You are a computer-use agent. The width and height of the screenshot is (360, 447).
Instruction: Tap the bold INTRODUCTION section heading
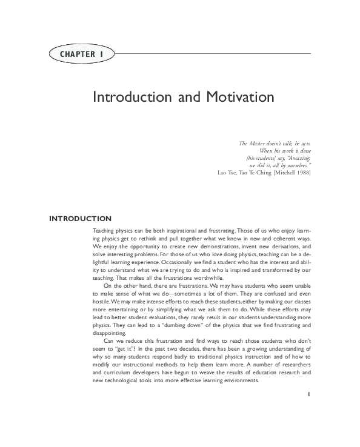[x=80, y=218]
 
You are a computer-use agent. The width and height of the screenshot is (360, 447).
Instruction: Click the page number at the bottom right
[x=309, y=394]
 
